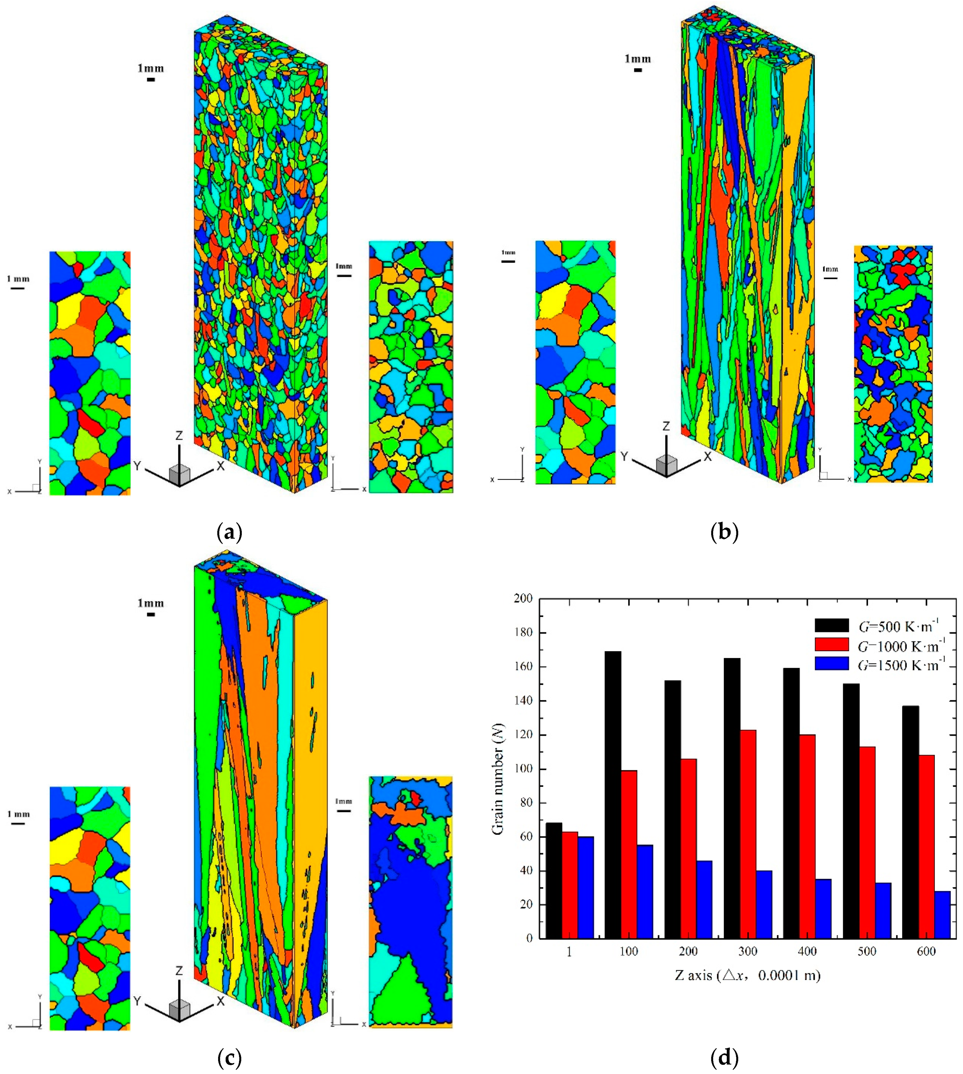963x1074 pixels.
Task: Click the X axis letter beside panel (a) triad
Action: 221,466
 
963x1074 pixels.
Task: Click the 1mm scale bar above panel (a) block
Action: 151,80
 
